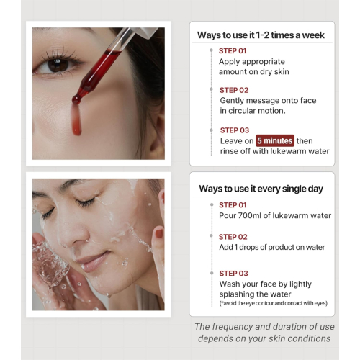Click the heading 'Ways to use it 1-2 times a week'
tap(261, 35)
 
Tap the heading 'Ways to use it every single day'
tap(261, 189)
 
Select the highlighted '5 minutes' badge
tap(275, 140)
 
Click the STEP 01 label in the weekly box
tap(233, 51)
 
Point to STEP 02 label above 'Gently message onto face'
tap(233, 90)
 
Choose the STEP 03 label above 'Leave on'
tap(233, 130)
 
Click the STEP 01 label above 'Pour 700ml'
tap(233, 204)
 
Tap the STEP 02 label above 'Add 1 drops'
tap(233, 237)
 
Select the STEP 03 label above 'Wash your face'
tap(233, 274)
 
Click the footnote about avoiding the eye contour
tap(273, 303)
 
